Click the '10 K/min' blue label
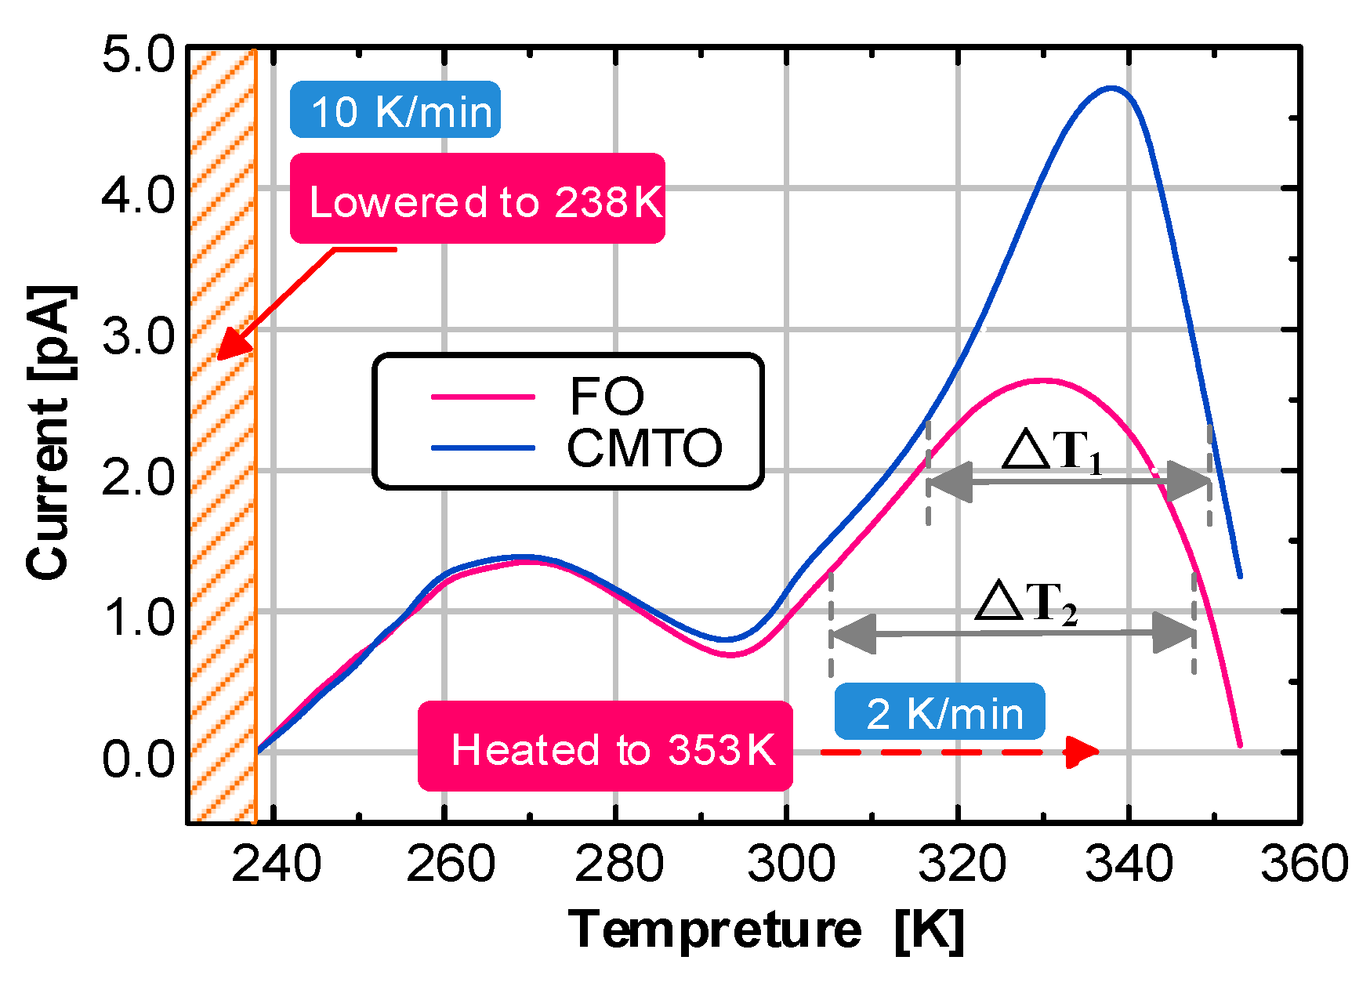pos(395,110)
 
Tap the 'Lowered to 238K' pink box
pos(477,199)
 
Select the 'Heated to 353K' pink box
pos(605,747)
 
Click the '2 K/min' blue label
pos(939,712)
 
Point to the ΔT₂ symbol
pos(1025,603)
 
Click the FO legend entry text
pos(606,396)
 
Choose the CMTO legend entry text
pos(644,449)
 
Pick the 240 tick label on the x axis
pos(276,864)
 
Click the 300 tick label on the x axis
pos(790,864)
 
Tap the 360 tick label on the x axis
pos(1303,864)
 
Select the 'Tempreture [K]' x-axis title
pos(766,930)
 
